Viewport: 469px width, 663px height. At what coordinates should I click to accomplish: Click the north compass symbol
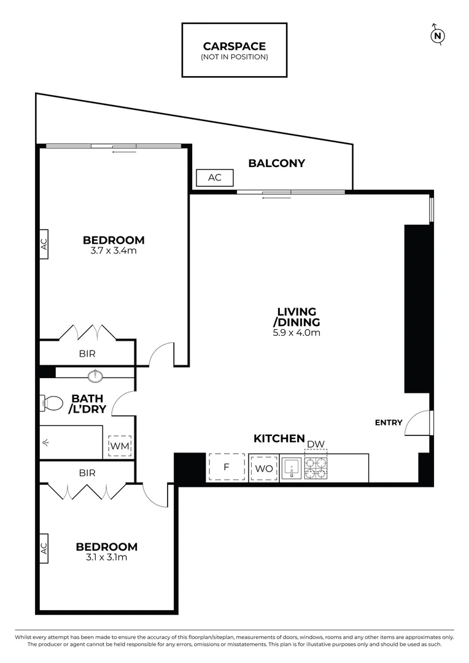(438, 35)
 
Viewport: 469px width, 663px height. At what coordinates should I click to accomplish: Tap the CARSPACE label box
(234, 50)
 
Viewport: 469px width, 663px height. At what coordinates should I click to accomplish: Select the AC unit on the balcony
(214, 177)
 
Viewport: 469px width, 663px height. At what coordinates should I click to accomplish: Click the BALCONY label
(276, 163)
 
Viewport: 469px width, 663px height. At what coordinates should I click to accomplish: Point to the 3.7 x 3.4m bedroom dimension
(114, 250)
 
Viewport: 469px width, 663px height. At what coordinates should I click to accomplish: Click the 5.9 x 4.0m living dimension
(297, 333)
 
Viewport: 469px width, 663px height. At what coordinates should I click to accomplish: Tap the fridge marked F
(226, 468)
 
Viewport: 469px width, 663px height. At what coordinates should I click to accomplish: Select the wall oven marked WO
(263, 468)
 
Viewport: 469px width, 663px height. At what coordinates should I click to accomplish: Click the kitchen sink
(291, 468)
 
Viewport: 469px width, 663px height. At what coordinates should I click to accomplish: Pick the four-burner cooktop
(316, 468)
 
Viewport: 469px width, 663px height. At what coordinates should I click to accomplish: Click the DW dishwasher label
(315, 444)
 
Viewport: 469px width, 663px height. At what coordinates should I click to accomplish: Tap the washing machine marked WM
(120, 446)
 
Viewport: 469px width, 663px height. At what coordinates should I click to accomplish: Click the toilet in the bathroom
(52, 403)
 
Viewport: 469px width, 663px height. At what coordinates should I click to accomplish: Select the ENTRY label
(389, 422)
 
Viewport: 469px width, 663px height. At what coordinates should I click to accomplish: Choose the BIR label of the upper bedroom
(87, 354)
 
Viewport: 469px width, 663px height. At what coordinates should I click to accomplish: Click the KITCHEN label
(279, 438)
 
